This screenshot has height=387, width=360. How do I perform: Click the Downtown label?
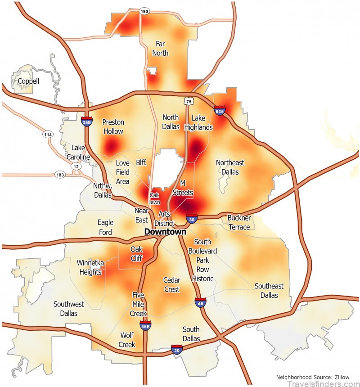[x=165, y=232]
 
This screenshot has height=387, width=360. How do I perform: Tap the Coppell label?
[x=28, y=81]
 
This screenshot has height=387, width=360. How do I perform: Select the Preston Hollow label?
[x=113, y=126]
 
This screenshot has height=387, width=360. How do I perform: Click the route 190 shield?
[x=144, y=11]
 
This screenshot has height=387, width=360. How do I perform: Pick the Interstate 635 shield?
[x=220, y=110]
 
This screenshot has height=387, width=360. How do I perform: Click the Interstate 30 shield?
[x=192, y=219]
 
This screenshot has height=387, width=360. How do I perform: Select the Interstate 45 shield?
[x=200, y=302]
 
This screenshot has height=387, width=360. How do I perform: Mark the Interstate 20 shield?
[x=177, y=349]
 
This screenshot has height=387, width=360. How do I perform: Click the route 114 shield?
[x=48, y=134]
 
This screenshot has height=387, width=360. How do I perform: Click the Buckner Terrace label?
[x=239, y=223]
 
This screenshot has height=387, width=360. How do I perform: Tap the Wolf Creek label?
[x=127, y=340]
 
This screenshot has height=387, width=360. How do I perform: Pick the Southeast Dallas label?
[x=269, y=291]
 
